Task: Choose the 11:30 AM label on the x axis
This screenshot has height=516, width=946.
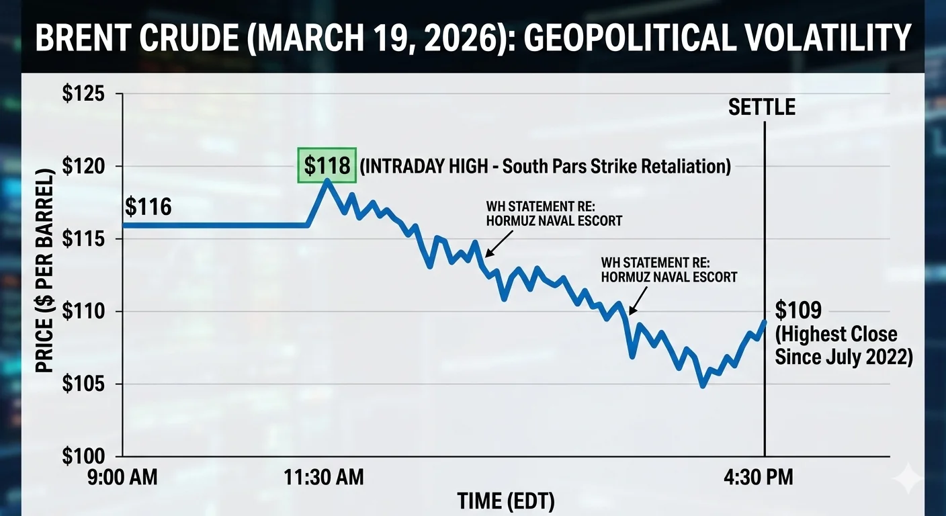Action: [x=325, y=478]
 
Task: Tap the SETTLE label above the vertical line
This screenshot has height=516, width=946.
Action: [x=762, y=107]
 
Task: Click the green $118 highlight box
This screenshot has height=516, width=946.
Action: [x=327, y=165]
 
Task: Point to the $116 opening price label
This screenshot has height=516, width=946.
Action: [x=148, y=207]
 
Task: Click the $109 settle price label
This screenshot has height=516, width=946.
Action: [x=798, y=311]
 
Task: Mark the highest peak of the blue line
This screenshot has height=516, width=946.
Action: [x=327, y=180]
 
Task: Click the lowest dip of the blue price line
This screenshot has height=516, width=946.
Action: [x=703, y=386]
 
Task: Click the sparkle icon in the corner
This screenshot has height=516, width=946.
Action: [x=910, y=479]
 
